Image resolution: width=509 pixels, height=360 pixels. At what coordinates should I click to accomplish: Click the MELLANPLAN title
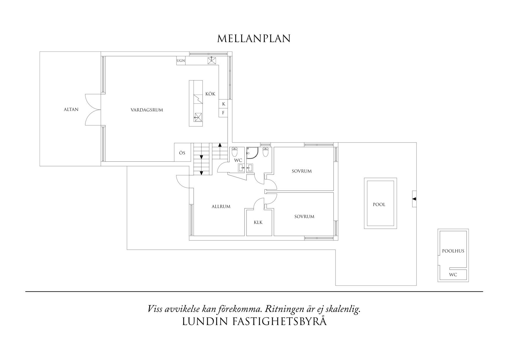pos(254,39)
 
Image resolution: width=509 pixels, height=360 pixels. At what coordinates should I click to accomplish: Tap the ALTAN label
pos(71,109)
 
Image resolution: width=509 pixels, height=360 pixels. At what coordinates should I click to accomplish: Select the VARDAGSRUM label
pos(147,110)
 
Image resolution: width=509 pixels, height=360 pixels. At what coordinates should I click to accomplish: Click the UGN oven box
pos(181,61)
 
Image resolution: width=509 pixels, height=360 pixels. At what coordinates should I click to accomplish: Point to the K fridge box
pos(223,104)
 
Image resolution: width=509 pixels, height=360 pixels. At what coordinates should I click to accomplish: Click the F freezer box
pos(223,113)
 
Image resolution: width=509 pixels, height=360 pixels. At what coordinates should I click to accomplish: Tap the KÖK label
pos(210,94)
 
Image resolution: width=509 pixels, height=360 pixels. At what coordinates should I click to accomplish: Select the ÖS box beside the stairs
pos(182,153)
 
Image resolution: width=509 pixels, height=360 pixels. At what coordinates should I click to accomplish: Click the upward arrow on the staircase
pos(220,145)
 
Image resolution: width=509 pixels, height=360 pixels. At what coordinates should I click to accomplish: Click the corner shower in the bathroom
pos(252,153)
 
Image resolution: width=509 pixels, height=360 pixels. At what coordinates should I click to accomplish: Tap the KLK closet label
pos(258,222)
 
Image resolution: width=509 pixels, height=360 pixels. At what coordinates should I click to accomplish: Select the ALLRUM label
pos(221,207)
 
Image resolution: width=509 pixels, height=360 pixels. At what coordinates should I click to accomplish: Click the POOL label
pos(379,204)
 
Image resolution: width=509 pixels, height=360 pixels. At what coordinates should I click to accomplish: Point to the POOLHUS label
pos(453,251)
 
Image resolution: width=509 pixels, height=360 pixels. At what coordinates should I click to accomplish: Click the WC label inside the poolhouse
pos(453,275)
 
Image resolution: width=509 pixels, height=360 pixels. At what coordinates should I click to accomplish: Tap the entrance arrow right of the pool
pos(414,199)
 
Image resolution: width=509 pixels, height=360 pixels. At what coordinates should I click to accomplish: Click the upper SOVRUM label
pos(302,171)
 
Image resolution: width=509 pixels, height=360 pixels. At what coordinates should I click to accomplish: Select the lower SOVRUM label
pos(304,217)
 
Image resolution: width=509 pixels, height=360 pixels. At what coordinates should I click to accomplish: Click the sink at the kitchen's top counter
pos(212,61)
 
